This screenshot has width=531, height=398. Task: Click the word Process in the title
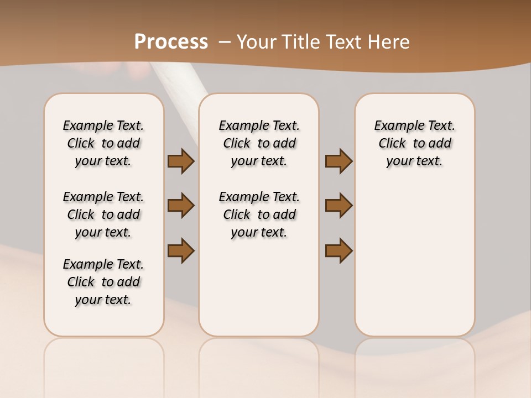tap(171, 41)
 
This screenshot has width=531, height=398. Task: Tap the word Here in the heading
tap(388, 42)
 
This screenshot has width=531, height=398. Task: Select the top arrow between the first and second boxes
tap(181, 161)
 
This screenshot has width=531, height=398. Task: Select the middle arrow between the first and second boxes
tap(181, 206)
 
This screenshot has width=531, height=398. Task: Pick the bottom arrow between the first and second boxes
tap(181, 250)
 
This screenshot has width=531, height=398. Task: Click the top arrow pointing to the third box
tap(339, 161)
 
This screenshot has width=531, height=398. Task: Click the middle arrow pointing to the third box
tap(339, 206)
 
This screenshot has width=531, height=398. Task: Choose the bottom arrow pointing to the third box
tap(339, 250)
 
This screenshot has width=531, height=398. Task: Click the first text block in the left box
tap(103, 143)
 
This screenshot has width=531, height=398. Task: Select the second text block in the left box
tap(103, 214)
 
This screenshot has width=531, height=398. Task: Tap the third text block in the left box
tap(103, 282)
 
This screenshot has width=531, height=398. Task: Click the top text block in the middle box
tap(259, 143)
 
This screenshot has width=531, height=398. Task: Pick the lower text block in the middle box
tap(259, 214)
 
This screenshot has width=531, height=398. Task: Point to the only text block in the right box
tap(414, 143)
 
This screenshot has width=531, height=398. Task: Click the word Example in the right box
tap(395, 126)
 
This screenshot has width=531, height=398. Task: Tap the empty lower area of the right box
tap(414, 260)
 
